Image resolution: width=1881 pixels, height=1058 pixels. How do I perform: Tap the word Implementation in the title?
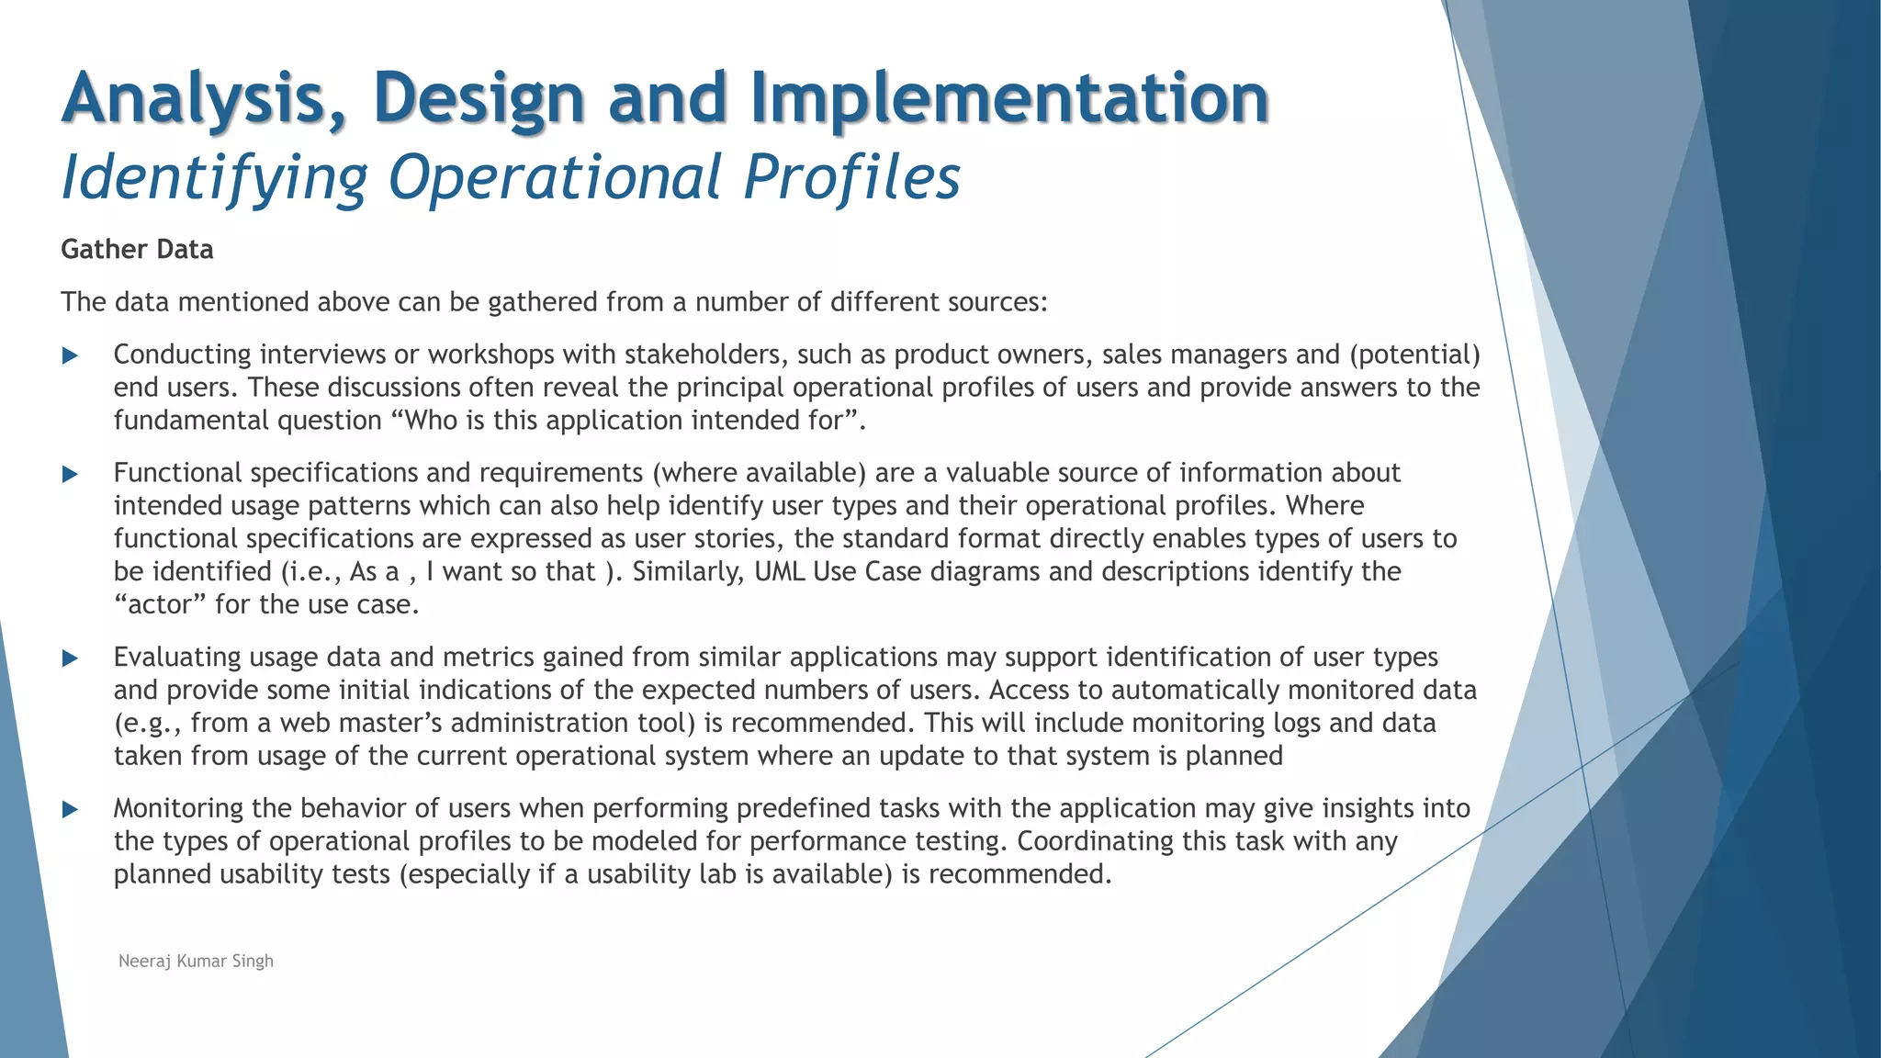click(1010, 99)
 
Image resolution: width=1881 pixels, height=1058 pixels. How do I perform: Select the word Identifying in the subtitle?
click(214, 177)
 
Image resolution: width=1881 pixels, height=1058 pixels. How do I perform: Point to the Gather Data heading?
click(137, 250)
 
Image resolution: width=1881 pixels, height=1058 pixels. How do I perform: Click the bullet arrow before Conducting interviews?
click(70, 356)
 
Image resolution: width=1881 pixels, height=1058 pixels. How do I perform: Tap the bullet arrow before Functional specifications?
click(70, 475)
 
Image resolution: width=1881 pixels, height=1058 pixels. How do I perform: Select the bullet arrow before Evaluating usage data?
click(70, 658)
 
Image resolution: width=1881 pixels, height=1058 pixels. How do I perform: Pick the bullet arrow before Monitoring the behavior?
click(70, 810)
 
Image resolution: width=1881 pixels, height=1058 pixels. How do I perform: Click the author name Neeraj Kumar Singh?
click(196, 962)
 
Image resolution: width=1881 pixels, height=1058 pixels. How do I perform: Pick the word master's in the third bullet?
click(386, 724)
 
